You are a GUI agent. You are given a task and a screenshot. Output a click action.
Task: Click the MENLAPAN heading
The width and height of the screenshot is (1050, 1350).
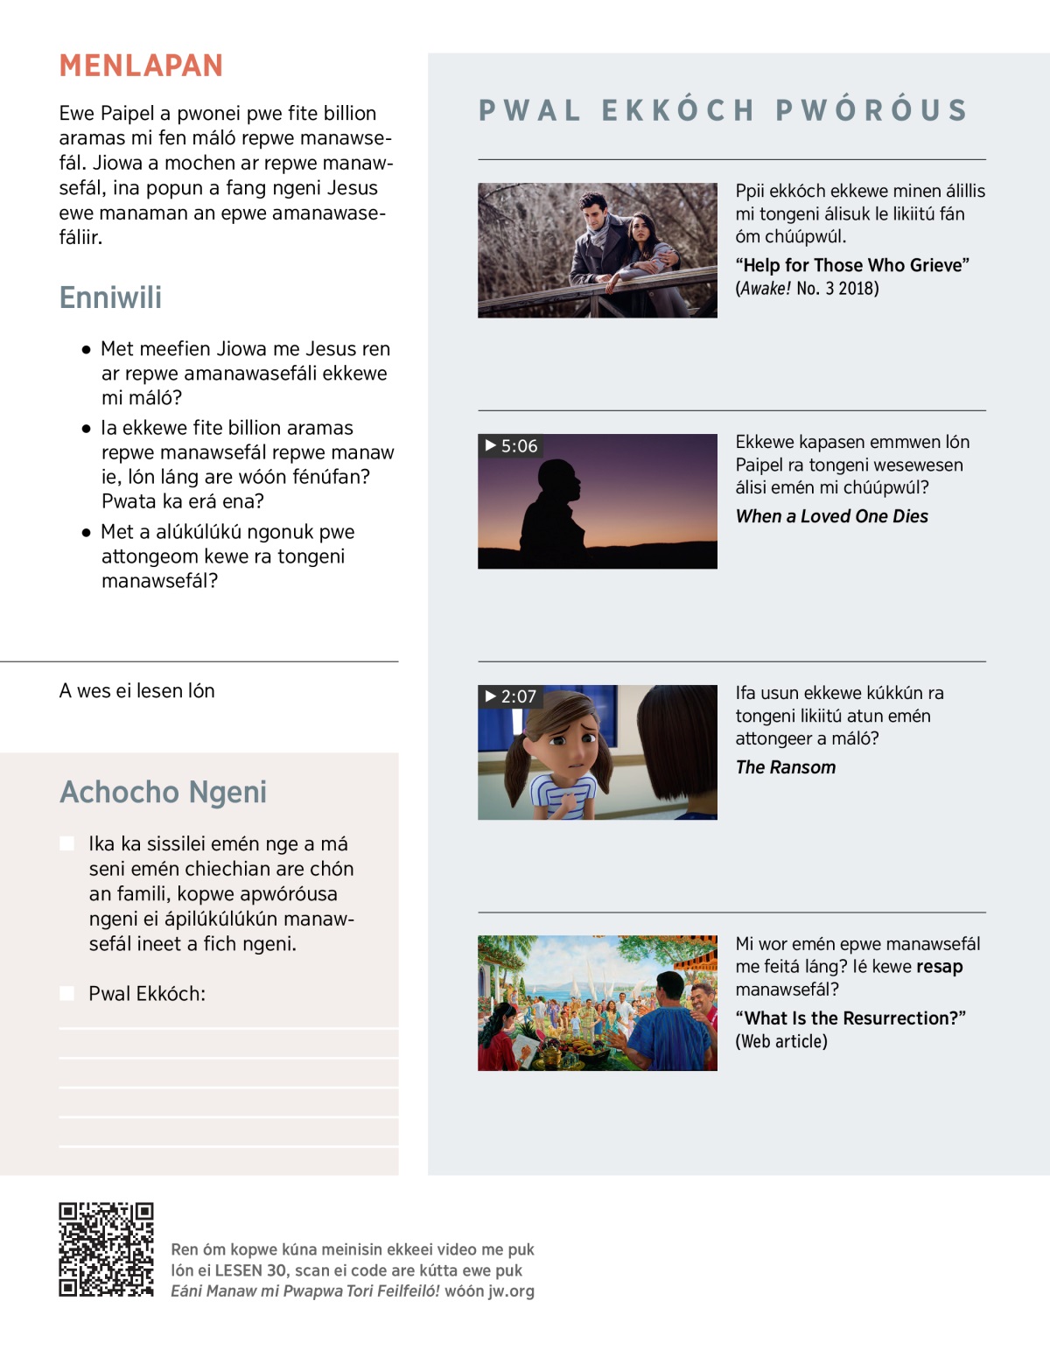(141, 66)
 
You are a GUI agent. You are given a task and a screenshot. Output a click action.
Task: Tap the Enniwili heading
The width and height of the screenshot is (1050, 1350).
(110, 297)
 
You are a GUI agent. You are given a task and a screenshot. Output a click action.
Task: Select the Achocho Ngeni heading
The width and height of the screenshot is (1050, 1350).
(163, 792)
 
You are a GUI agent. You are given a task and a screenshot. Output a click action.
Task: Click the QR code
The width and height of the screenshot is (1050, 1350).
(106, 1249)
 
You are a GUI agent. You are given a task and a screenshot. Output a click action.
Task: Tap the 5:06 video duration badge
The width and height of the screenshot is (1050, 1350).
(511, 446)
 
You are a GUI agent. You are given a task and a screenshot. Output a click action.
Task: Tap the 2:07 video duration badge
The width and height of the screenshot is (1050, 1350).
(510, 696)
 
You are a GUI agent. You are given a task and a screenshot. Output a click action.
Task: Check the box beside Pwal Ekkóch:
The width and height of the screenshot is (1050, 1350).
(66, 993)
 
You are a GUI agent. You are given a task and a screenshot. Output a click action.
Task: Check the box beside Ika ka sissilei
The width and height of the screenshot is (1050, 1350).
(66, 843)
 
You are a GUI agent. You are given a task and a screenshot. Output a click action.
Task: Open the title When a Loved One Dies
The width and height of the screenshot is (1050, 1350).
(831, 516)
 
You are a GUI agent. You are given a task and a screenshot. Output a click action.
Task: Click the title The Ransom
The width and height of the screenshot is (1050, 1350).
(785, 767)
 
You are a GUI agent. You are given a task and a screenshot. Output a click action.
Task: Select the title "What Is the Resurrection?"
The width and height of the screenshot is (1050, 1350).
(850, 1018)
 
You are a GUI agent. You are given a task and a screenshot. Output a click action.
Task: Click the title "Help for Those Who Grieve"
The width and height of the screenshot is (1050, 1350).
(852, 265)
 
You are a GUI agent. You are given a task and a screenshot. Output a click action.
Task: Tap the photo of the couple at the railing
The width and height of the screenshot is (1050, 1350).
(598, 250)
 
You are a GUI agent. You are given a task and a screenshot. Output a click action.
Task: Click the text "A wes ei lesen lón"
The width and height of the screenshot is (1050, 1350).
(136, 691)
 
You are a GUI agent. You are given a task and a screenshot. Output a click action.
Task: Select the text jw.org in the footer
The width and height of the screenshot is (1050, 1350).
(511, 1291)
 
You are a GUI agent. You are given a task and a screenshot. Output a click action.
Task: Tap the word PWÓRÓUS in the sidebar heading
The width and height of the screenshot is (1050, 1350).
(871, 110)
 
